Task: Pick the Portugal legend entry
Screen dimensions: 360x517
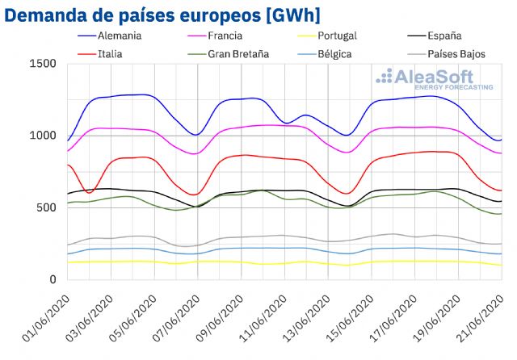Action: (x=355, y=36)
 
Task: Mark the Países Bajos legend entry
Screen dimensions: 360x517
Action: (x=473, y=54)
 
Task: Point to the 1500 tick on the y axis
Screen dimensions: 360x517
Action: (x=43, y=65)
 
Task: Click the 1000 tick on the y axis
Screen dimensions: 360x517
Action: (x=43, y=136)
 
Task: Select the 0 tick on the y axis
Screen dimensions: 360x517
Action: (x=53, y=279)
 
